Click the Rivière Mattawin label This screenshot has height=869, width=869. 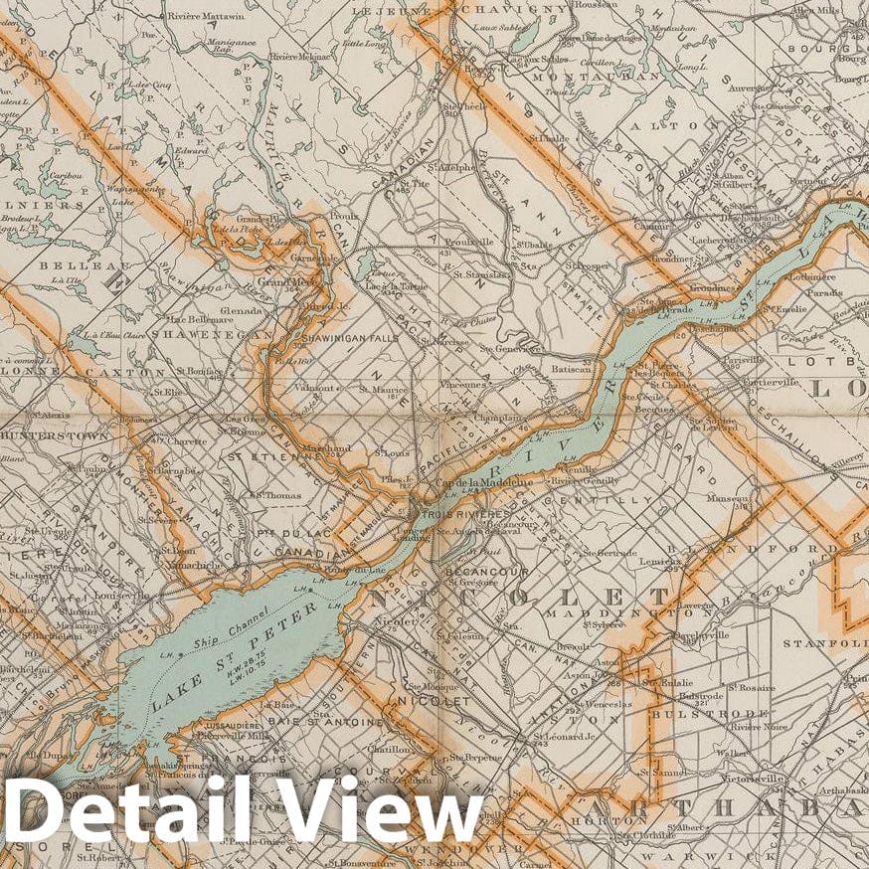pyautogui.click(x=209, y=16)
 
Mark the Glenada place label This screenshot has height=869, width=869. pyautogui.click(x=243, y=310)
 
